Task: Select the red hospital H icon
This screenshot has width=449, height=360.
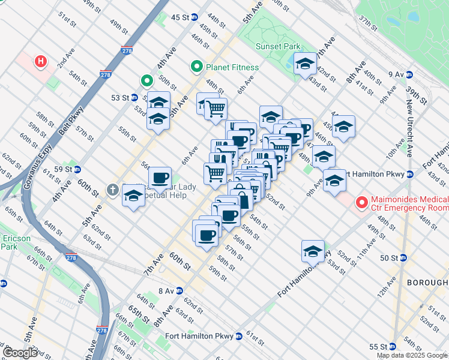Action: (x=41, y=61)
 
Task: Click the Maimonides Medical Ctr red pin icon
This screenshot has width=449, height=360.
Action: (x=361, y=203)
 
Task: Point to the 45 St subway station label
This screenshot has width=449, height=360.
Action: (x=180, y=17)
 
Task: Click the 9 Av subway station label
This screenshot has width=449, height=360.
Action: (x=396, y=74)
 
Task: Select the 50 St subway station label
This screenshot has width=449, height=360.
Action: (x=390, y=258)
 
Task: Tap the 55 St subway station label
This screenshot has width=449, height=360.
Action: (x=378, y=347)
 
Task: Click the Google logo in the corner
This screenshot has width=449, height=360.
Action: (x=20, y=353)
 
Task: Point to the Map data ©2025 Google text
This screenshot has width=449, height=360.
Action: (x=412, y=355)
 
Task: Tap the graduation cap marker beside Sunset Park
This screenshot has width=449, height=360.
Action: (x=305, y=64)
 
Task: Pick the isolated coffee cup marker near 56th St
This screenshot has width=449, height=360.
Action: (x=160, y=178)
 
